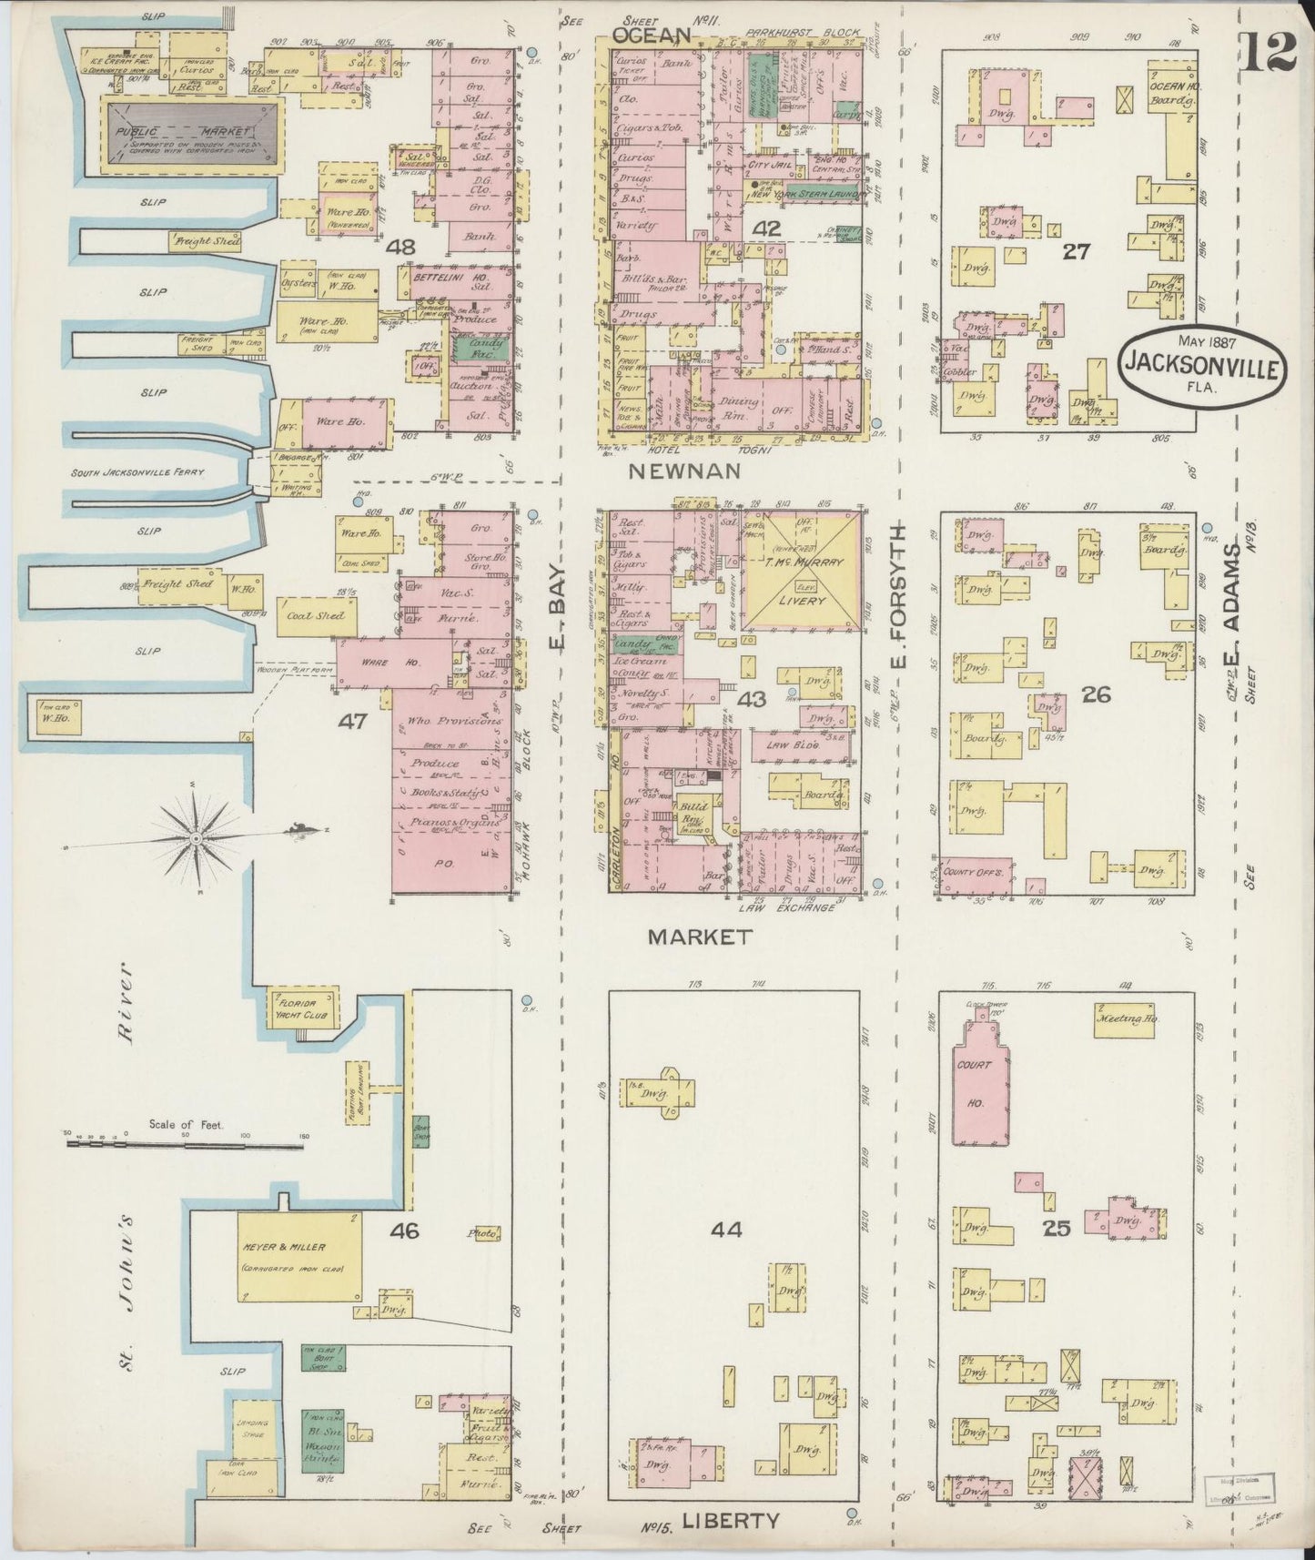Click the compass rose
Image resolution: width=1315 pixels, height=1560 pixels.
[x=196, y=836]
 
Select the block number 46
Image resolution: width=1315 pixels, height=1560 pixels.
[x=404, y=1231]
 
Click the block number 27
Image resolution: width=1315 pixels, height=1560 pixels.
[x=1076, y=251]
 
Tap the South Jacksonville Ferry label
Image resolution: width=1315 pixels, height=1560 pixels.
[x=139, y=472]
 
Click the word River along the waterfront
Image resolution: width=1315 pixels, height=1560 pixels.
[x=125, y=1003]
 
